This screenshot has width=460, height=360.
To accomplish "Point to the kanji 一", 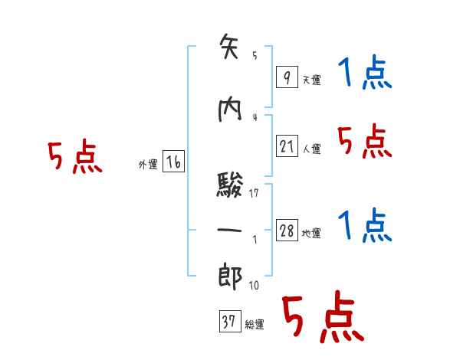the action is coord(230,230).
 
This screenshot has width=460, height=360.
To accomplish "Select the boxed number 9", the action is coord(286,77).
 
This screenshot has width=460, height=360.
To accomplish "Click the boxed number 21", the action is coord(287,146).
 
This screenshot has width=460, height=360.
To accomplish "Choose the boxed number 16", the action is coord(173,162).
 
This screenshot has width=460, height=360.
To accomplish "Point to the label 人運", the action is coord(311,149).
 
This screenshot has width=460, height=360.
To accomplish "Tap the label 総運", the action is coord(255,325).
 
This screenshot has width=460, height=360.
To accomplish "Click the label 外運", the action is coord(148,165).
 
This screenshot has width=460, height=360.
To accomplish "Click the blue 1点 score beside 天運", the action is coord(364,74).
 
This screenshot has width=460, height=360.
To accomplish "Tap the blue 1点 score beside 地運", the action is coord(364,226).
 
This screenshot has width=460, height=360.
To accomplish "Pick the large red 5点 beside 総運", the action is coord(322,318).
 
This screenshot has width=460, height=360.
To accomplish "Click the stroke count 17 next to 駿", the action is coord(255,193).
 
